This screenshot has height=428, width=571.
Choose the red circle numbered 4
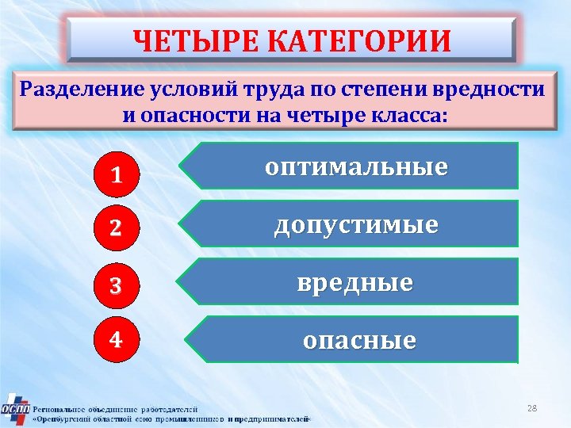pos(116,340)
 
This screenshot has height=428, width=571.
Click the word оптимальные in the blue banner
pos(356,167)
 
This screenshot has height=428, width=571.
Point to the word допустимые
pos(356,225)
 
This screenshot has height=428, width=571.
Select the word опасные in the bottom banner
pos(359,341)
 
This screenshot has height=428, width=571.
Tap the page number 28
pos(532,408)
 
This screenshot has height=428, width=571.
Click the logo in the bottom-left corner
pos(15,408)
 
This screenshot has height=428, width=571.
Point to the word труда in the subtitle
pos(264,89)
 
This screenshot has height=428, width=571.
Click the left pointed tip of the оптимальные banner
pos(181,167)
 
